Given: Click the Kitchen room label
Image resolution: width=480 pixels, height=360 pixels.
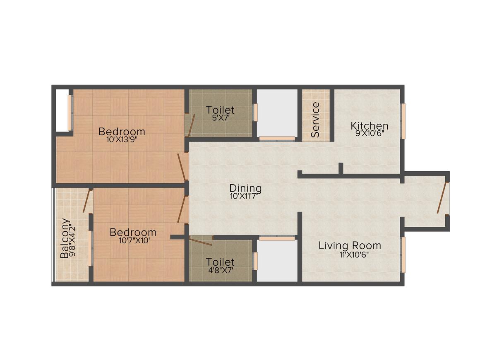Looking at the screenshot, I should pos(369,125).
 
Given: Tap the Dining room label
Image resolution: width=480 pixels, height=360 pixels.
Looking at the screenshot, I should pos(245,188).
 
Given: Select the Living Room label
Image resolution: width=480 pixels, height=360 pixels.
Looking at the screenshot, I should pos(350,245).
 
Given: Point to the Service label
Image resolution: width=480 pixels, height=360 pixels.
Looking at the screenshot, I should pos(315,120).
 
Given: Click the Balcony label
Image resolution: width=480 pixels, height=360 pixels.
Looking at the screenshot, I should pos(65,238).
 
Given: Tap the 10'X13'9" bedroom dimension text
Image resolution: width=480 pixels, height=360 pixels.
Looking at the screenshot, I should pos(122,140).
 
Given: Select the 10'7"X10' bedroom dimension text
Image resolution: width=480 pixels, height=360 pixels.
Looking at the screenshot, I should pos(133,240).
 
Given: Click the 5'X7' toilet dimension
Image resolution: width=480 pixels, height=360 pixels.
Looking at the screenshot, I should pos(220,118).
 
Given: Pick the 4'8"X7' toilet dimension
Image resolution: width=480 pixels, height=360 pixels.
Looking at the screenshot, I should pos(220,269).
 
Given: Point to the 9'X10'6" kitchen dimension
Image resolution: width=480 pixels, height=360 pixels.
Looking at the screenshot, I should pos(369,134).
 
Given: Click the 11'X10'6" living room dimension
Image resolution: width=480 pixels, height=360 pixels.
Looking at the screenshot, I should pos(354,254).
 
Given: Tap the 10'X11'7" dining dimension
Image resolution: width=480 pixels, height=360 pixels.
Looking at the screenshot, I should pos(245,196).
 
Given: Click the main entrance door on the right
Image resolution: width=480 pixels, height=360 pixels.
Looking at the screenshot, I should pos(443,198).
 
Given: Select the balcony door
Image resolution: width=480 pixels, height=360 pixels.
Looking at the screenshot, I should pos(86,201).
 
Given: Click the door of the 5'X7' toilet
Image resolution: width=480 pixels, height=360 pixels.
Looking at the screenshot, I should pos(190,126).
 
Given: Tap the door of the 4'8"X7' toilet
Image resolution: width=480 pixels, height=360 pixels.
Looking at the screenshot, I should pos(201,241).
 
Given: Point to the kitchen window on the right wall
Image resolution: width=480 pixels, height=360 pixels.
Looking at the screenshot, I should pos(403,121).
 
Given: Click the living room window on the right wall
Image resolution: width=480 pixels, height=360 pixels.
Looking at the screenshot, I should pos(403,254).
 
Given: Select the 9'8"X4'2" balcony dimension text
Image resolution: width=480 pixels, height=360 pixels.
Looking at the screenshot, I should pos(72,240).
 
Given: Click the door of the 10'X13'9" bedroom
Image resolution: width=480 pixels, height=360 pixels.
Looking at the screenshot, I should pos(182,167).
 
